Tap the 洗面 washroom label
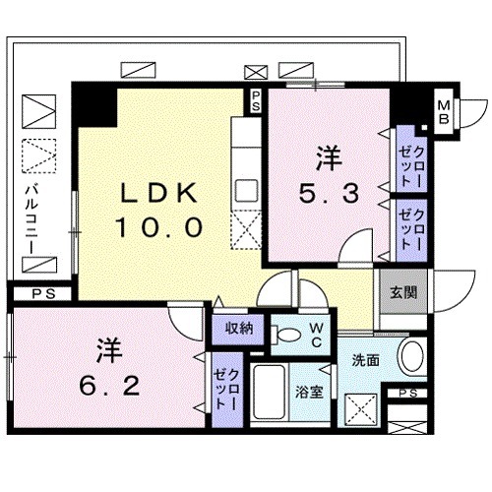366,359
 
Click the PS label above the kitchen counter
255,98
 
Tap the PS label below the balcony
36,292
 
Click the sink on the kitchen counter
246,189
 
